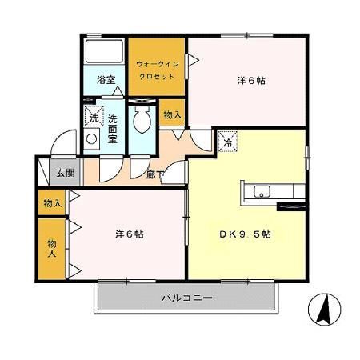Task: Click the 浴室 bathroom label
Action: coord(105,80)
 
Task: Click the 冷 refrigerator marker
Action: coord(226,141)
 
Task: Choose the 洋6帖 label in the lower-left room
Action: coord(127,234)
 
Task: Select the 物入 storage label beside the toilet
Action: coord(172,114)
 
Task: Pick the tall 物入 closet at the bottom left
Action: coord(53,247)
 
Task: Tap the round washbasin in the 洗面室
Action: coord(92,138)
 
